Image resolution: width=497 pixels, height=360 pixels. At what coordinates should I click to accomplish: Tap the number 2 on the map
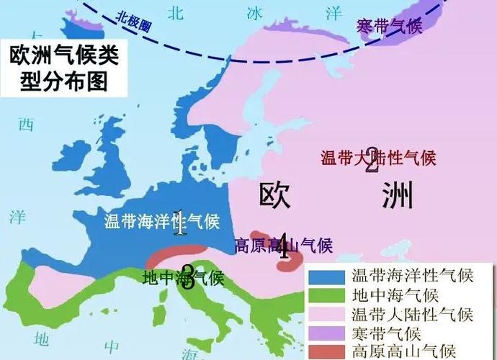point(372,161)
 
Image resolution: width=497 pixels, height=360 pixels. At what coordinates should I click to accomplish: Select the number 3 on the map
point(187,276)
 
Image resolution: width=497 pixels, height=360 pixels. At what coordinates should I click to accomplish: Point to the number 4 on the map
point(283,246)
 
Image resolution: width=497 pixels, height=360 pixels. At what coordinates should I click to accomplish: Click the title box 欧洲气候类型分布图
point(64,66)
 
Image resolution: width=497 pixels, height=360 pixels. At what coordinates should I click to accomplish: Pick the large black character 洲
point(398,194)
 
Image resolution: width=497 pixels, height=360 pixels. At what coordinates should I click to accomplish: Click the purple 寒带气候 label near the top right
point(389,26)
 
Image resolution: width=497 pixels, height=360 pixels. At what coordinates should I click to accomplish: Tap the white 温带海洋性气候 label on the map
point(161,221)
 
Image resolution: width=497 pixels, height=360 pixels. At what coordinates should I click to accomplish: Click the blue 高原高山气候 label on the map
point(284,246)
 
